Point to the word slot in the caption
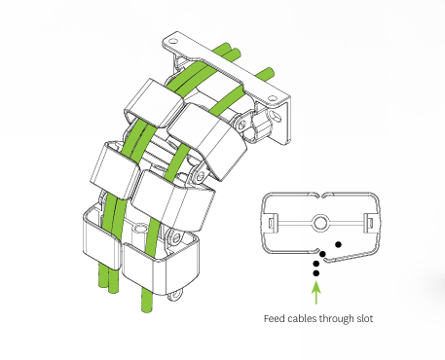click(x=365, y=318)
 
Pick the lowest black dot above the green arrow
click(x=316, y=273)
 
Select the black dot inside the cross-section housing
click(x=338, y=244)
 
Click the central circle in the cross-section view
click(x=320, y=223)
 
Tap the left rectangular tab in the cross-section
click(x=272, y=223)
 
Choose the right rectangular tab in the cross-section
click(x=369, y=223)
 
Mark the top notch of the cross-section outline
click(x=320, y=196)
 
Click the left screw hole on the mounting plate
click(x=174, y=41)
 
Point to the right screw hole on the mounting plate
click(x=272, y=98)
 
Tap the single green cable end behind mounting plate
click(x=266, y=73)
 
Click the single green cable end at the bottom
click(x=146, y=301)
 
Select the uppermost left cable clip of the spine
click(x=154, y=103)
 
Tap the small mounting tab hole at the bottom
click(x=175, y=296)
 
